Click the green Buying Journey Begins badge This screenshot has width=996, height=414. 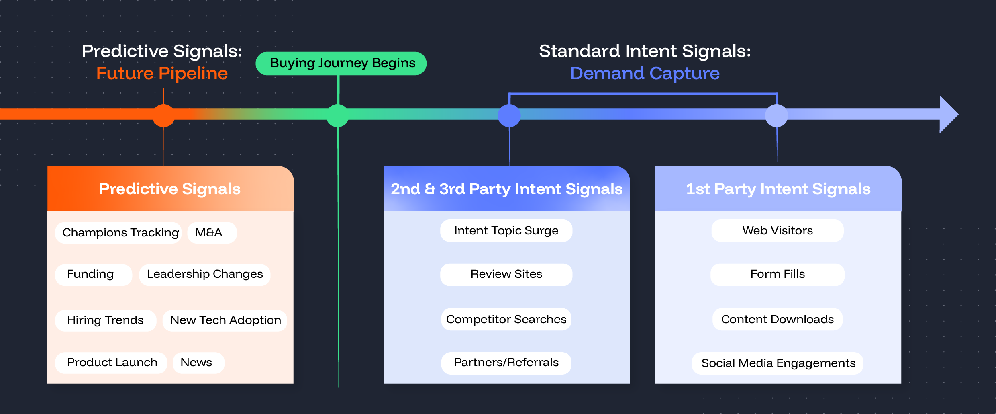(341, 63)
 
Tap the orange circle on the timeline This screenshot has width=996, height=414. (163, 115)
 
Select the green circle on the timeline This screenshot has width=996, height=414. (338, 115)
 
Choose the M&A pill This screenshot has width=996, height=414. (212, 233)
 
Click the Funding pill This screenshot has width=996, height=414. (93, 275)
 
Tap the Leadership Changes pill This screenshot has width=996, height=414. (204, 275)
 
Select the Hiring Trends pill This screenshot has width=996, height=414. (105, 320)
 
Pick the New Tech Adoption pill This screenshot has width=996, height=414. (225, 320)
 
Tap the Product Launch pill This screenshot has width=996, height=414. (111, 363)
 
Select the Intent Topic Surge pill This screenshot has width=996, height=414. (506, 231)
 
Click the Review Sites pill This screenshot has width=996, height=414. (506, 275)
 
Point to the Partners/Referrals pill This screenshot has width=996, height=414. (506, 363)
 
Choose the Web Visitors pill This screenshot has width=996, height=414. (778, 231)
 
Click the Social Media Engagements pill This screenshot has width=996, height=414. (778, 363)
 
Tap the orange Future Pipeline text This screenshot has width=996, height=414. (162, 74)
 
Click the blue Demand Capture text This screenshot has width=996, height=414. (645, 74)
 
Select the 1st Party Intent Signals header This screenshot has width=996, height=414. (778, 189)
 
